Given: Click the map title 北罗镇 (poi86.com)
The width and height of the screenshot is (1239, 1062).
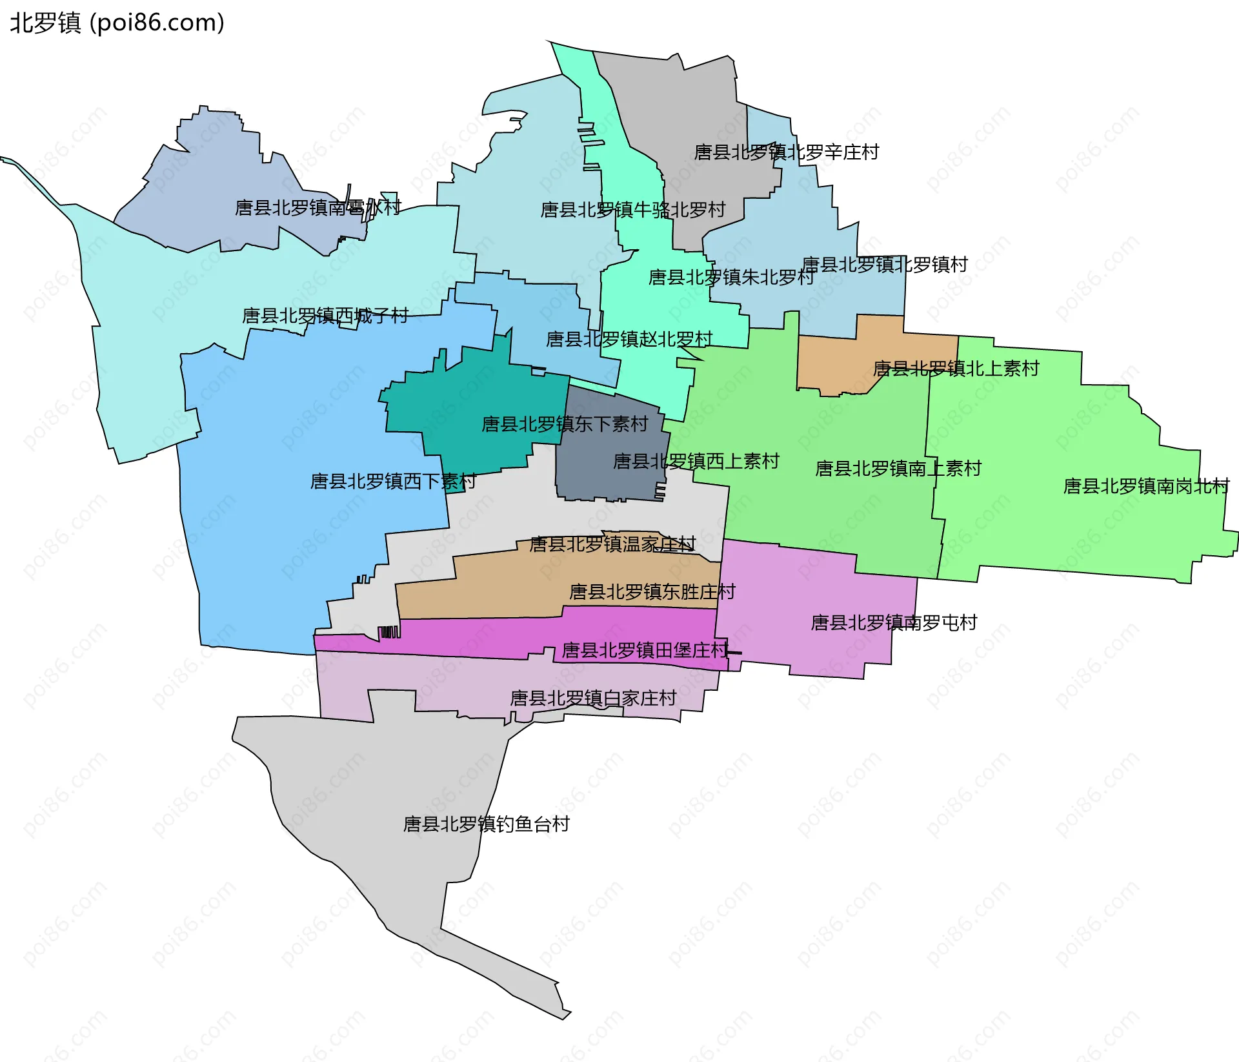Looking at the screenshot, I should tap(117, 23).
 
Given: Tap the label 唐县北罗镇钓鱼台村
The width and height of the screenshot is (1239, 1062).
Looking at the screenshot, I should tap(486, 824).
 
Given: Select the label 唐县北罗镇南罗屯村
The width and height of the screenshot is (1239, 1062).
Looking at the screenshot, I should tap(894, 623).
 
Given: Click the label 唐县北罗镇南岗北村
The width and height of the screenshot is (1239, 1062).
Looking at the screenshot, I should tap(1146, 486).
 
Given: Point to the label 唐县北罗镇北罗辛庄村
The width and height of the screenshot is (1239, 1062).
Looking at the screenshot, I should tap(786, 152).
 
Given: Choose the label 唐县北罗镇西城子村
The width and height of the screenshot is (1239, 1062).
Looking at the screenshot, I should tap(325, 316).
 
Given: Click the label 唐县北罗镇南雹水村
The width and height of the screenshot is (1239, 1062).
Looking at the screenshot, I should tap(317, 208).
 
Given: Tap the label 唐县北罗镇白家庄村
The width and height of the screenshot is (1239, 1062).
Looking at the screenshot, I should tap(593, 699).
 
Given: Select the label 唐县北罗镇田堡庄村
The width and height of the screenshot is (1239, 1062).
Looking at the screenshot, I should tap(645, 650).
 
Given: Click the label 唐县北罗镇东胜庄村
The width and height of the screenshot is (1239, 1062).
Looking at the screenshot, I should tap(652, 592).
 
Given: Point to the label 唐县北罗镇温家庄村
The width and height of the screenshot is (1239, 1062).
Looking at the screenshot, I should tap(612, 544).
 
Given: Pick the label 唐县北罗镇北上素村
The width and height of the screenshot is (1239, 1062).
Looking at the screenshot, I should tap(956, 369).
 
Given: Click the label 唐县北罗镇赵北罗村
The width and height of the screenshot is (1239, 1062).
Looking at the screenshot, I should tap(629, 340).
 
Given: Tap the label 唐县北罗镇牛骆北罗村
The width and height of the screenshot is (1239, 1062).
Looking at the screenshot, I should tap(632, 210).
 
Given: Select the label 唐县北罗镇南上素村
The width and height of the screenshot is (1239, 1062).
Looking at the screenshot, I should tap(898, 469).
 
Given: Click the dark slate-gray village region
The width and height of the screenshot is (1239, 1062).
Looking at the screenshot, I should tap(607, 478).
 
